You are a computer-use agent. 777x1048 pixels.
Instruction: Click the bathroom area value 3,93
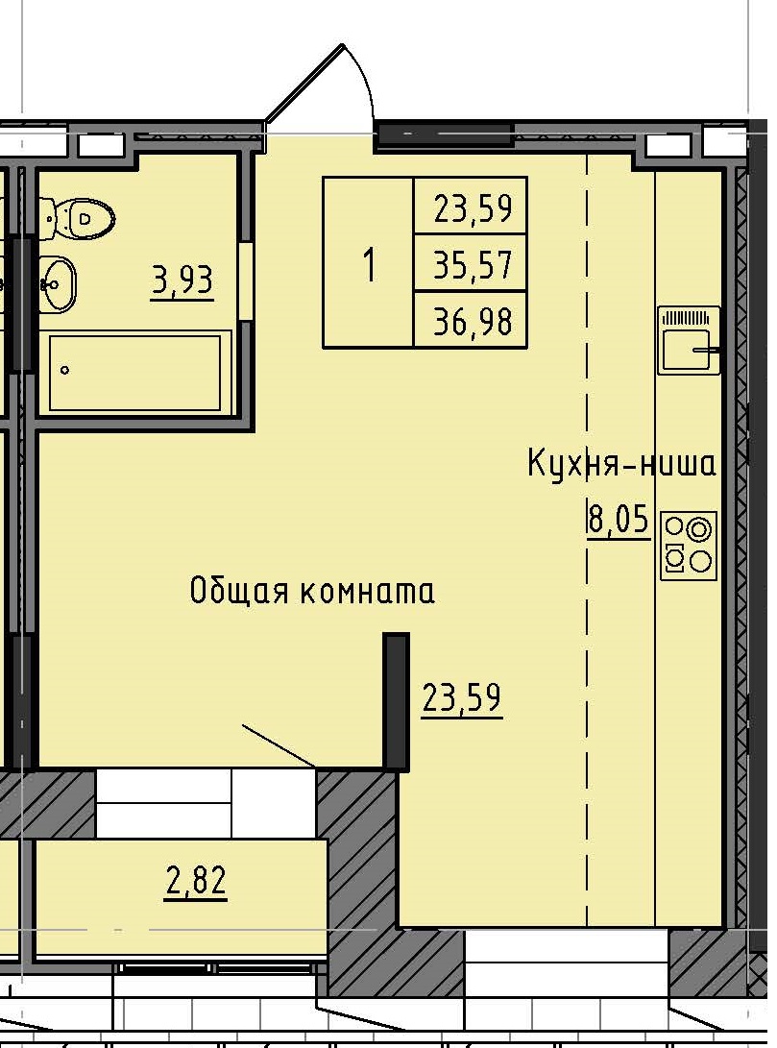(182, 281)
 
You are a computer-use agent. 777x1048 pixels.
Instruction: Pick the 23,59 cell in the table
(471, 207)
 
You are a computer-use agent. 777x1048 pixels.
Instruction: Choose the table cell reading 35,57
(471, 262)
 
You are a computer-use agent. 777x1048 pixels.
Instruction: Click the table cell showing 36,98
(471, 319)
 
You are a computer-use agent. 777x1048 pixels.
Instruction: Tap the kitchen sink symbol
(689, 340)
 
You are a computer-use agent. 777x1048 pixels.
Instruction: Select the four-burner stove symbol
(689, 544)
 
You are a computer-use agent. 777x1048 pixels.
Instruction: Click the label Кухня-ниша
(621, 464)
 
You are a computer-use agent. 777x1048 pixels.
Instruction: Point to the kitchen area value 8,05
(618, 521)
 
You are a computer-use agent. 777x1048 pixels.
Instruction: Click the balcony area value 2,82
(196, 881)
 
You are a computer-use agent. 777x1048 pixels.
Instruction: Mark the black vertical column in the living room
(396, 701)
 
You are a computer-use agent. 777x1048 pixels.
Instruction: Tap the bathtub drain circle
(65, 369)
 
